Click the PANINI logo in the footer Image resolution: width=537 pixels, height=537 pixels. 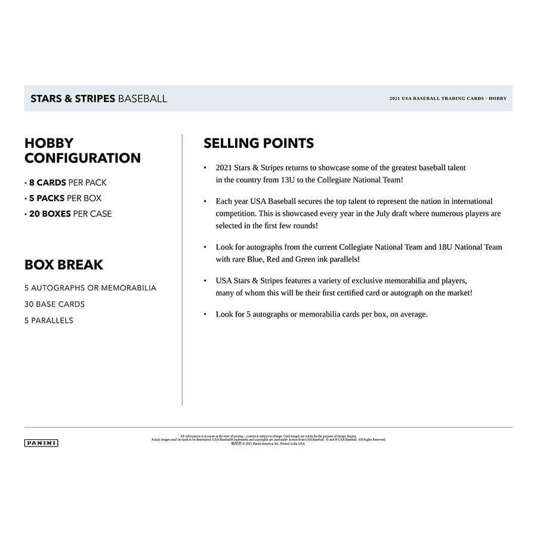tap(41, 443)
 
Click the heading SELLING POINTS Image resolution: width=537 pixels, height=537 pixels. tap(258, 143)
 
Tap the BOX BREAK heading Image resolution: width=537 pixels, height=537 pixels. tap(64, 264)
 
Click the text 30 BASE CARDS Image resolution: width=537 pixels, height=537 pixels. tap(54, 304)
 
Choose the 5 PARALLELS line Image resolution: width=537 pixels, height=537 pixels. tap(49, 320)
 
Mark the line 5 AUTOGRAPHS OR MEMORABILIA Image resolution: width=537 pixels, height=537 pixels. tap(90, 288)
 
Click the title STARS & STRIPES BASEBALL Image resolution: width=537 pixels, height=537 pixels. tap(98, 98)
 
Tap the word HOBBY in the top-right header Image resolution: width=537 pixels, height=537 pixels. tap(498, 98)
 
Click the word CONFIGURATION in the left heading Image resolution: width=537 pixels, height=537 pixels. tap(82, 158)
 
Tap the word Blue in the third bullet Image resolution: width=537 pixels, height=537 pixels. tap(256, 260)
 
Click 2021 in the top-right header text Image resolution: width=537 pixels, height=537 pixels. tap(396, 98)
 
